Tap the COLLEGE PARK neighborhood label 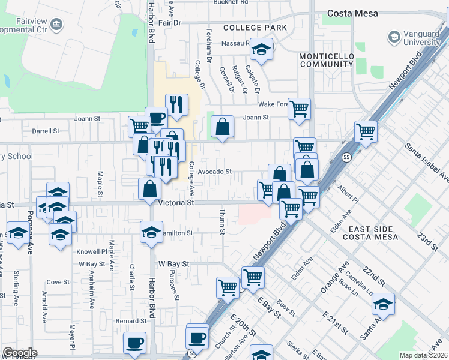[x=251, y=28]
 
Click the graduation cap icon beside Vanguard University [x=394, y=37]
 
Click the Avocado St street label [x=215, y=172]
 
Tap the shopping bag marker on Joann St [x=222, y=127]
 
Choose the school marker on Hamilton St [x=151, y=232]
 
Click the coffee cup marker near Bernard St [x=135, y=343]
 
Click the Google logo [x=20, y=353]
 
